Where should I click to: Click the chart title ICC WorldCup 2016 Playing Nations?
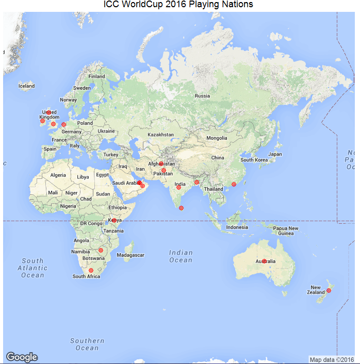[178, 5]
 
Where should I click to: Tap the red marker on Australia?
[264, 261]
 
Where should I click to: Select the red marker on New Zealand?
[329, 291]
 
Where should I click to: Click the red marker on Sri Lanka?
[181, 208]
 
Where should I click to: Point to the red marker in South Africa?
[91, 270]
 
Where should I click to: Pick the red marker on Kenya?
[113, 221]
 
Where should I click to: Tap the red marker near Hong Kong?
[233, 184]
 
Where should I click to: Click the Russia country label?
[202, 96]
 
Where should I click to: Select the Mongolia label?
[217, 138]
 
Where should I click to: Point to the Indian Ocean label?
[181, 256]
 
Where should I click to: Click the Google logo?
[22, 357]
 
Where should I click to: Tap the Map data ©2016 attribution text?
[332, 359]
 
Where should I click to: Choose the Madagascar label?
[130, 255]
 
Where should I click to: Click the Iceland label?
[26, 86]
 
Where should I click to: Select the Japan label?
[275, 154]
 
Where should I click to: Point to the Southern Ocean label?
[87, 344]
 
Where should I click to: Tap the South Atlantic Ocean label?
[32, 268]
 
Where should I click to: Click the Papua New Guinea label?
[285, 230]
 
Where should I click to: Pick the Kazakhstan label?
[161, 135]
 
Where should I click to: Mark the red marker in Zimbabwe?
[101, 250]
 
